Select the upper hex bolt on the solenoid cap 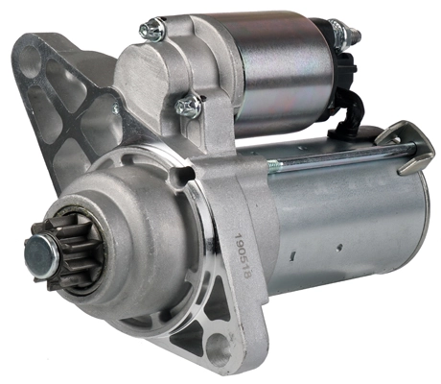tap(151, 31)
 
